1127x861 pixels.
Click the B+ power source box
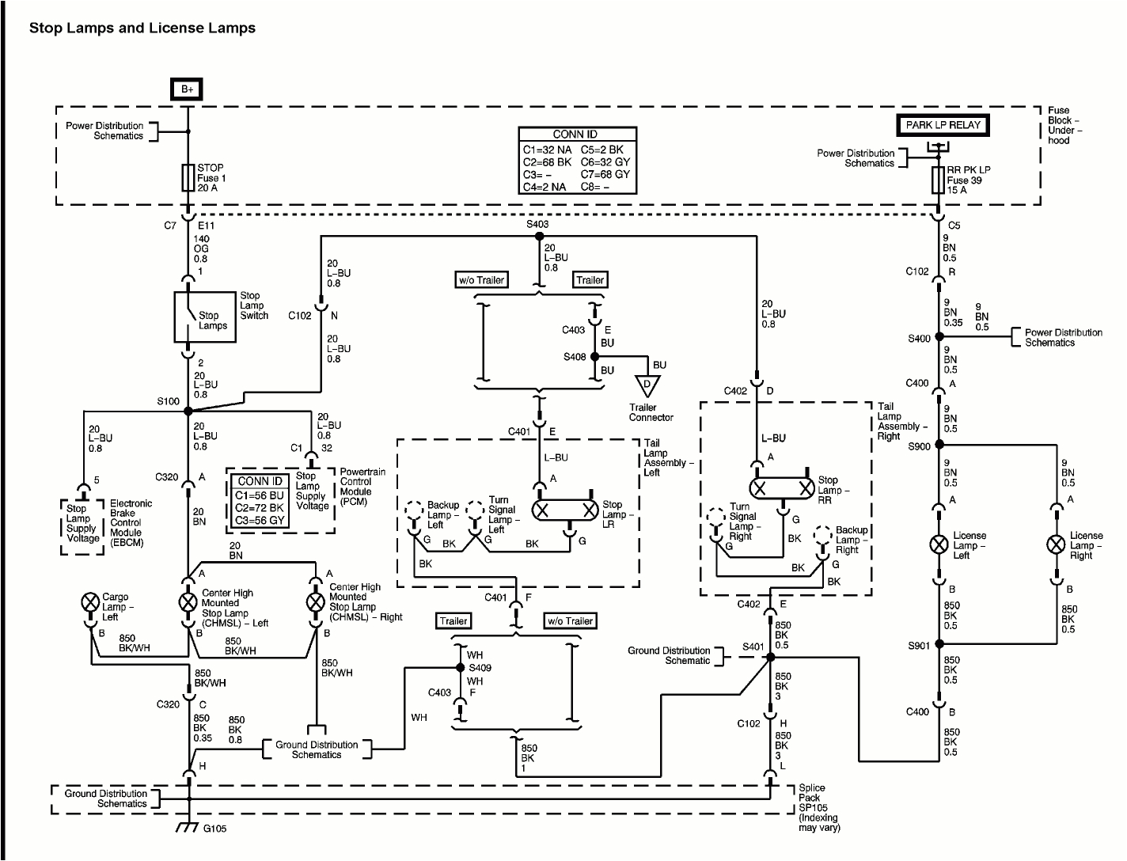coord(187,89)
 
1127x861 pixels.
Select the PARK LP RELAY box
coord(943,125)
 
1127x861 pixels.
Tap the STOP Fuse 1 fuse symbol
coord(188,178)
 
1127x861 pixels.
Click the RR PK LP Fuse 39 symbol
coord(939,180)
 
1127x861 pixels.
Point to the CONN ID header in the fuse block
coord(575,135)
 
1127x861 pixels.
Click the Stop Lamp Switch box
coord(205,317)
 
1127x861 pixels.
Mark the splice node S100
coord(188,411)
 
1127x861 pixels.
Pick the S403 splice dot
coord(538,236)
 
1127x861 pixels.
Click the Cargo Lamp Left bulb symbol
coord(89,602)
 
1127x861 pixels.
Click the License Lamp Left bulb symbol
coord(939,544)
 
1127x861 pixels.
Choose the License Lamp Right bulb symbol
coord(1056,544)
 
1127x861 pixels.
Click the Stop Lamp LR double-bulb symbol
coord(565,510)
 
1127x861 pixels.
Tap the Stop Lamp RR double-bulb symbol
coord(782,488)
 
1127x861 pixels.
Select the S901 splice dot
coord(939,644)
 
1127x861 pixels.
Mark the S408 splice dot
coord(595,357)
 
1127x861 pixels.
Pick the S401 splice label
coord(753,647)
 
